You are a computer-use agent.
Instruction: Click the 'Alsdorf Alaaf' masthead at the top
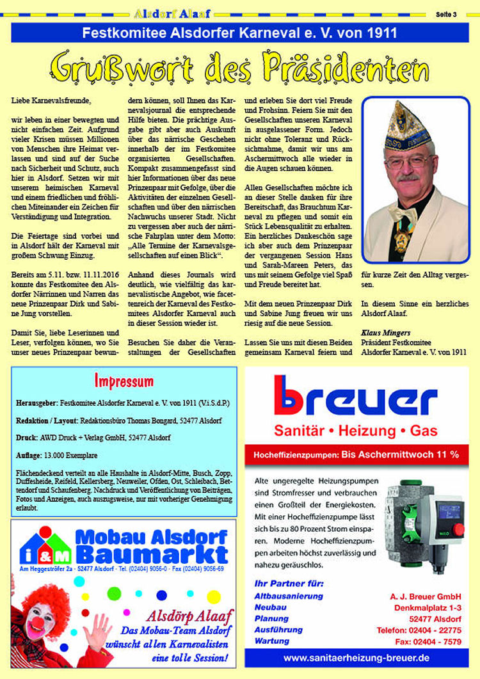pos(172,12)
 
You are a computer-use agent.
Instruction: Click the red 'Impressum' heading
pos(124,382)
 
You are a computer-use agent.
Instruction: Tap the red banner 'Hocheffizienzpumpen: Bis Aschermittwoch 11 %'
pos(356,455)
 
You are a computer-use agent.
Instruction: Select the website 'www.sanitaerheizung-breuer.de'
pos(356,657)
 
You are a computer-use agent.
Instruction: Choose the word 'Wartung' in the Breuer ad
pos(271,641)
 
